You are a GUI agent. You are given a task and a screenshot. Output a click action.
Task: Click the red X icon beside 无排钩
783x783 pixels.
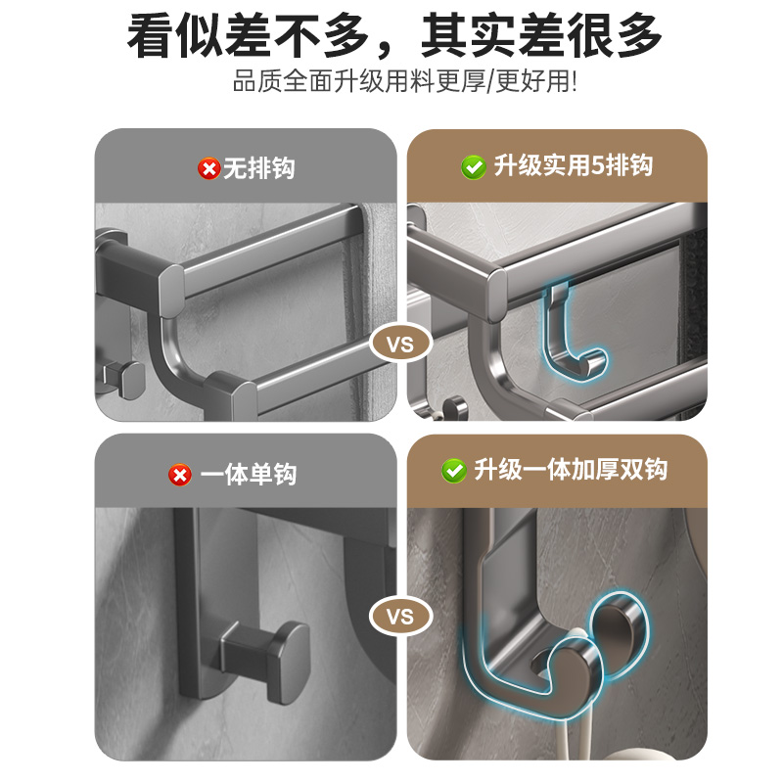pyautogui.click(x=208, y=168)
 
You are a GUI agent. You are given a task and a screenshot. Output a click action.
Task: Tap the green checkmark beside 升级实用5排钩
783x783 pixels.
pyautogui.click(x=473, y=166)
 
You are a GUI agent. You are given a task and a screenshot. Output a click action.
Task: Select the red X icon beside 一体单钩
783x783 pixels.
pyautogui.click(x=179, y=475)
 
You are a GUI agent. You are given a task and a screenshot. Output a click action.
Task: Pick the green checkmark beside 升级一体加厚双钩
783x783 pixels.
pyautogui.click(x=453, y=471)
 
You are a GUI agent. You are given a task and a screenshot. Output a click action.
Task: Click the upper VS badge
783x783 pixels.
pyautogui.click(x=400, y=345)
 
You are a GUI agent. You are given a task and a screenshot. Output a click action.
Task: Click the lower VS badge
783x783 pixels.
pyautogui.click(x=400, y=618)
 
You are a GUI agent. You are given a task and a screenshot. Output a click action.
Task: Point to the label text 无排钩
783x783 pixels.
pyautogui.click(x=258, y=168)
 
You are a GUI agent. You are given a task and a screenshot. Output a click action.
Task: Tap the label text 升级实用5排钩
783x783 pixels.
pyautogui.click(x=573, y=166)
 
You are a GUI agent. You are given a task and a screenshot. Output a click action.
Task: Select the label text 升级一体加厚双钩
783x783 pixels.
pyautogui.click(x=571, y=471)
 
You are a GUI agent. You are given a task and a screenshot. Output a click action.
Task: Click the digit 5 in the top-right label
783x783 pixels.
pyautogui.click(x=600, y=166)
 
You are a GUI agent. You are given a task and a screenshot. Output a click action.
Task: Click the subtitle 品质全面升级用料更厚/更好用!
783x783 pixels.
pyautogui.click(x=404, y=80)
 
